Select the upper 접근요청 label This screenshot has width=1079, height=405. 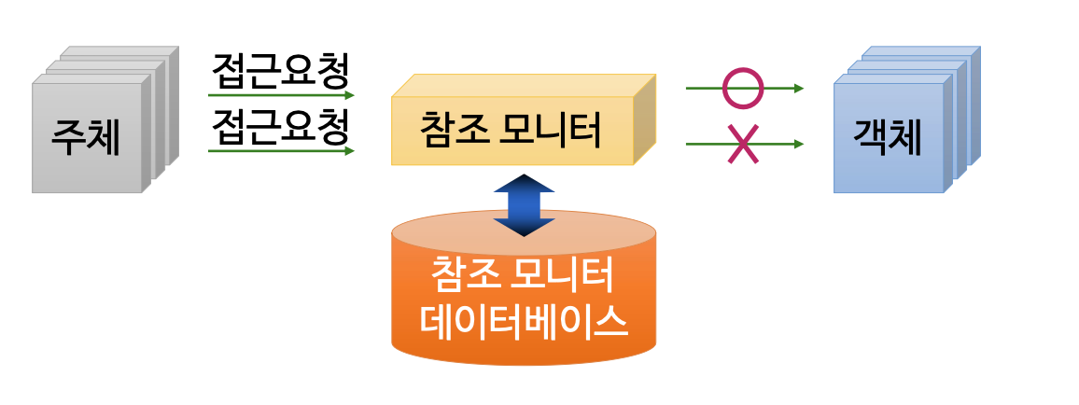click(x=281, y=70)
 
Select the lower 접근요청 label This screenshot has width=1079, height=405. click(x=281, y=125)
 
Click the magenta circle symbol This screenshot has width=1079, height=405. click(x=743, y=89)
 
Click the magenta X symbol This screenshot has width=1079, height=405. click(x=743, y=145)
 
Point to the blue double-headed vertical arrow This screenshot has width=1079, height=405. click(x=524, y=204)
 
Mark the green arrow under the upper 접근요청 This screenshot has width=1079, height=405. click(x=280, y=95)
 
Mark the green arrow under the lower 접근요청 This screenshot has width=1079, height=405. click(x=280, y=150)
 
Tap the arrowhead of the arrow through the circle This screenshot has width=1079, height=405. click(x=798, y=89)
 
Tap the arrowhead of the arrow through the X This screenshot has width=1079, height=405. click(x=798, y=145)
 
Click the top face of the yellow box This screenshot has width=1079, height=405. click(x=523, y=85)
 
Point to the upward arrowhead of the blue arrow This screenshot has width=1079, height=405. click(x=524, y=182)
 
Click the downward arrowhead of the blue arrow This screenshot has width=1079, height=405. click(x=524, y=228)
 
